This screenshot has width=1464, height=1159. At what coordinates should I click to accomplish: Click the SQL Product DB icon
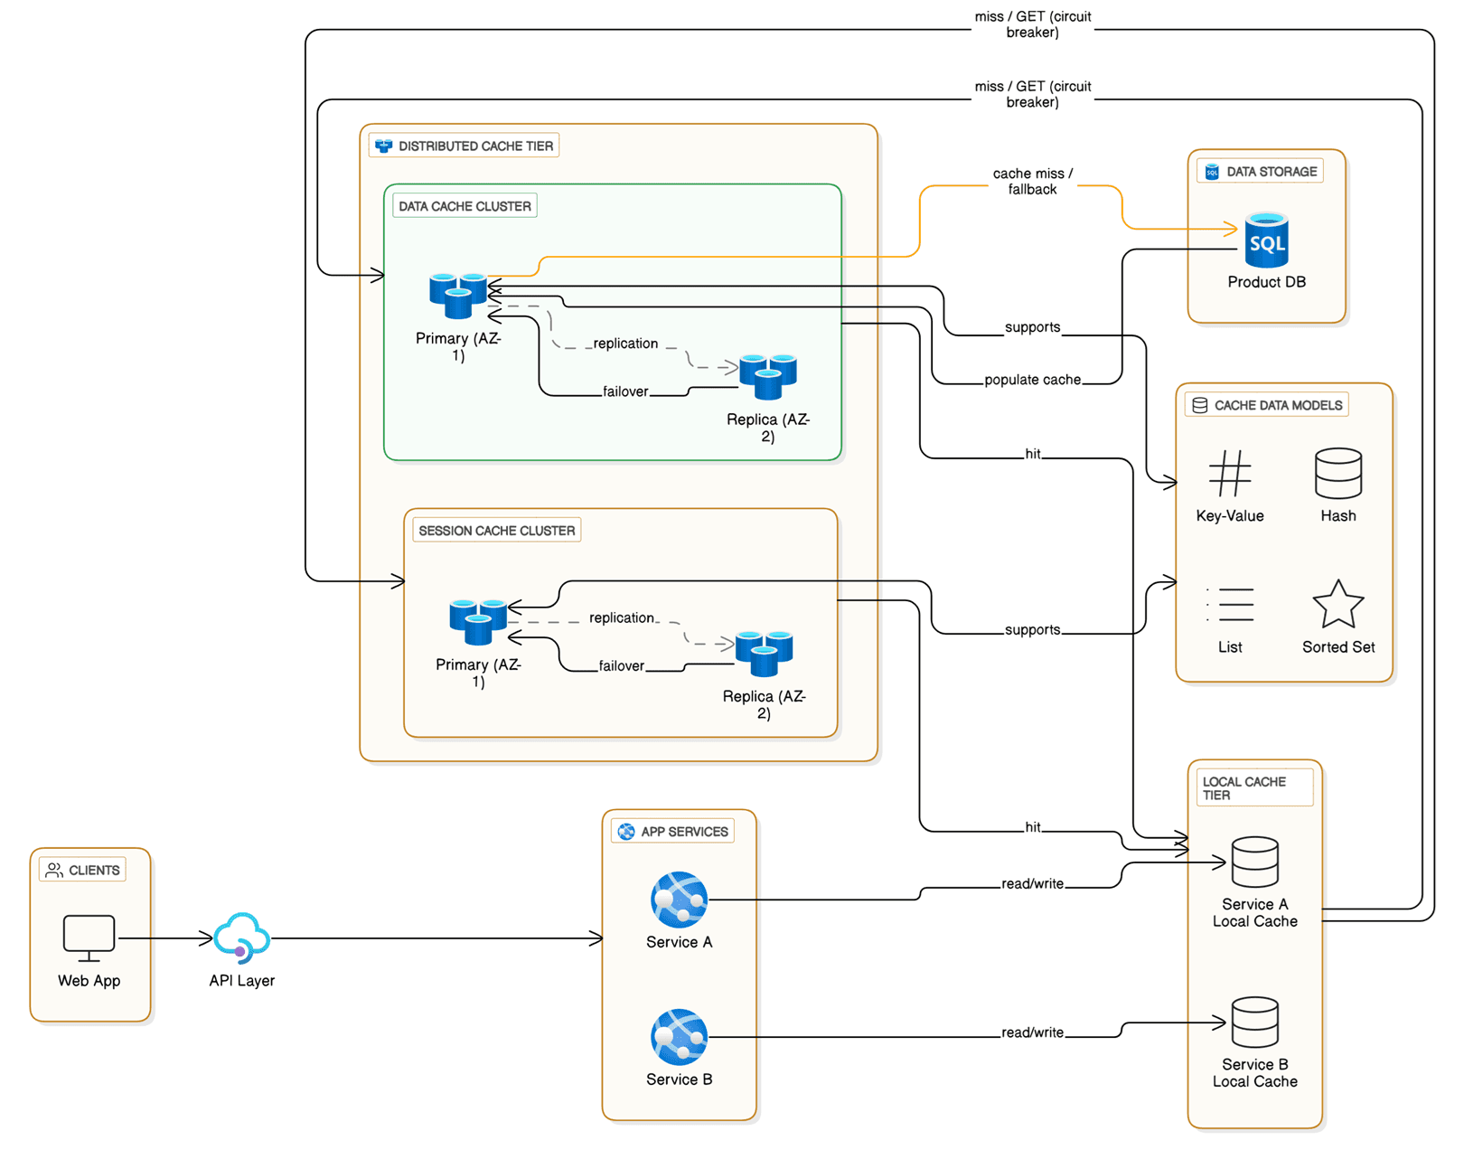click(x=1266, y=240)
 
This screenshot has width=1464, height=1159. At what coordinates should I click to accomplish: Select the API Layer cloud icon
click(x=241, y=938)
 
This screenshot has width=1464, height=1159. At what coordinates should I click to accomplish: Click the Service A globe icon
click(x=679, y=900)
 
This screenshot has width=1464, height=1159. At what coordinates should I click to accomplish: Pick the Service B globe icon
click(x=679, y=1037)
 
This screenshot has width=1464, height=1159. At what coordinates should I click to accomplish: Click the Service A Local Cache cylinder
click(x=1254, y=862)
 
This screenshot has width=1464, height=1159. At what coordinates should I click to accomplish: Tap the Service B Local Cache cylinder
click(x=1254, y=1022)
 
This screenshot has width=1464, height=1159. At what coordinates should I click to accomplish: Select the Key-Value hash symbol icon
click(x=1229, y=473)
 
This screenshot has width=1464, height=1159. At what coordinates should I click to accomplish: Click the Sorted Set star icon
click(x=1337, y=604)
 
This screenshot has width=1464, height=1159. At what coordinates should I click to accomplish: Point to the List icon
click(x=1229, y=604)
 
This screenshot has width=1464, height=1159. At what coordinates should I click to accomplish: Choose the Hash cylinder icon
click(x=1337, y=473)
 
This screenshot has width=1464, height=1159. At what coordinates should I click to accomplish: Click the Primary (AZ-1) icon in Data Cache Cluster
click(x=458, y=295)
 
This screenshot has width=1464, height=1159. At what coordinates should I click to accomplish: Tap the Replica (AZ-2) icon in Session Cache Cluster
click(x=764, y=653)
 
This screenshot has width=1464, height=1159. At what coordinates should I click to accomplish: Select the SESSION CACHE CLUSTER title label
click(x=496, y=531)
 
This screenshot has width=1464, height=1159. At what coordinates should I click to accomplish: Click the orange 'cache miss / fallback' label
click(x=1032, y=181)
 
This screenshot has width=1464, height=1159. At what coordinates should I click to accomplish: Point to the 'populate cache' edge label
click(x=1032, y=380)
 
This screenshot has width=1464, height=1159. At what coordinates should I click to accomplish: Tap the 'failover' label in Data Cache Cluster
click(x=625, y=391)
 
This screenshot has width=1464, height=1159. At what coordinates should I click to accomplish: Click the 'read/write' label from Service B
click(x=1032, y=1032)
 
